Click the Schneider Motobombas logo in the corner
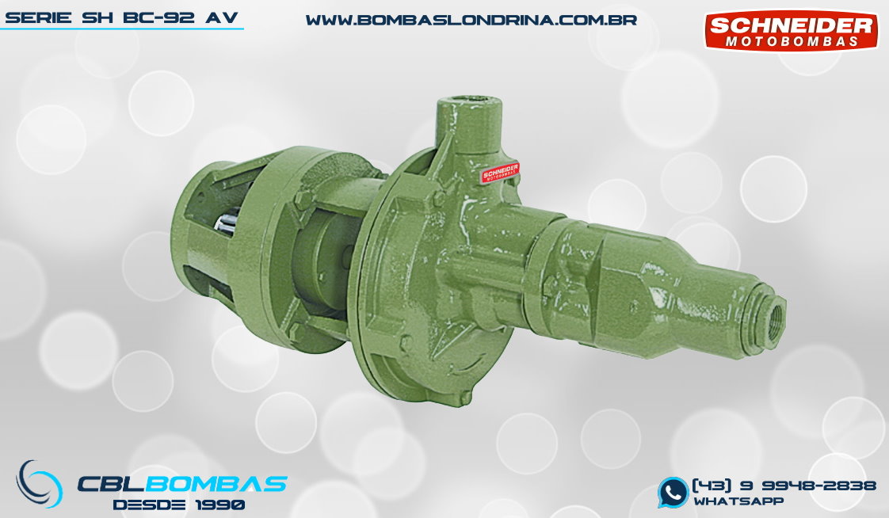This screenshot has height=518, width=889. pos(791,31)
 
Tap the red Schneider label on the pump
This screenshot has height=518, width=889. pos(500,173)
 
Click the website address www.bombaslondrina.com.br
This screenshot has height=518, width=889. pos(471,21)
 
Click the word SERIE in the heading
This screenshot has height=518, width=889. pos(39,17)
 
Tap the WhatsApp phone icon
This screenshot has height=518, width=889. pos(673,492)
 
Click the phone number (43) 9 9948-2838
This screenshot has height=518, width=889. pos(784,486)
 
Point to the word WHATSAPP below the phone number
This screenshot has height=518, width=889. pos(738,501)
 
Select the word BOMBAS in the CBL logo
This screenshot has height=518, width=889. pos(219,484)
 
